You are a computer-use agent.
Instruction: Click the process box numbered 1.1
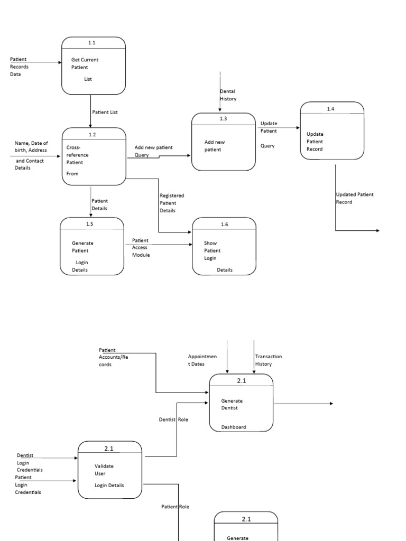tap(94, 66)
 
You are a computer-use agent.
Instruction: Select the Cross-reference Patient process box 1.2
tap(94, 156)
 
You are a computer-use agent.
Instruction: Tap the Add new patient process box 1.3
tap(223, 142)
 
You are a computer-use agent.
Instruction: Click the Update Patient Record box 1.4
tap(332, 130)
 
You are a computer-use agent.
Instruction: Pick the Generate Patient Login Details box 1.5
tap(92, 247)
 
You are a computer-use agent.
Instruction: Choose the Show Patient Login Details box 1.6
tap(224, 247)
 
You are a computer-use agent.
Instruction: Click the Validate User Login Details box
tap(109, 470)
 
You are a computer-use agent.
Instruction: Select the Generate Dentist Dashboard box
tap(241, 403)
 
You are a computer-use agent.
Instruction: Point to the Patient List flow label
tap(105, 112)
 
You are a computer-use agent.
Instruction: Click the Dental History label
tap(228, 95)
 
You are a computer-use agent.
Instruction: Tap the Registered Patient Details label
tap(172, 203)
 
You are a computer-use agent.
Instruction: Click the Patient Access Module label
tap(141, 247)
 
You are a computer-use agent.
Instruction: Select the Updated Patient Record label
tap(354, 198)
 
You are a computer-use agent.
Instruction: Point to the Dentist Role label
tap(174, 419)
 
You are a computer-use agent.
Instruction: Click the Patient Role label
tap(175, 507)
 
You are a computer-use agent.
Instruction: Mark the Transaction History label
tap(268, 360)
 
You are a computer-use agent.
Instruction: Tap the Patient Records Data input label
tap(20, 67)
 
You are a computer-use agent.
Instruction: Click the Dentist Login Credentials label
tap(29, 462)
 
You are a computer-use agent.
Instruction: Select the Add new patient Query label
tap(153, 151)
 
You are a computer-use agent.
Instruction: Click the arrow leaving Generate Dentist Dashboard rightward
tap(304, 404)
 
